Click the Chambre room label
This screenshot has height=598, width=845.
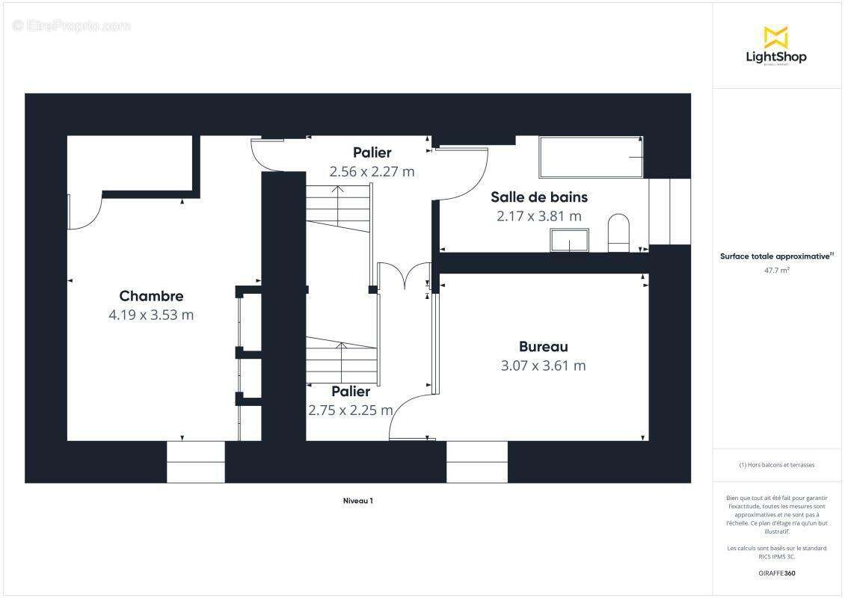coord(151,296)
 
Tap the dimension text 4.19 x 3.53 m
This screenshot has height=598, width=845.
coord(151,315)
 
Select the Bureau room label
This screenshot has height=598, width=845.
coord(543,347)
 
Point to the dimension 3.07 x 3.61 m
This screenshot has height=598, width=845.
coord(543,366)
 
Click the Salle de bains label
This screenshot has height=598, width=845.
coord(538,197)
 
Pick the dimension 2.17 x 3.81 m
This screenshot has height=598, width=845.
coord(538,216)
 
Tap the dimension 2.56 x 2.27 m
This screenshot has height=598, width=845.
coord(372,171)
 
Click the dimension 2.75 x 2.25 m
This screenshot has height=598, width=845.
coord(351,410)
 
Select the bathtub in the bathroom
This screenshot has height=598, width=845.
coord(591,157)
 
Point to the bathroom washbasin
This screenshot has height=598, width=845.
coord(570,240)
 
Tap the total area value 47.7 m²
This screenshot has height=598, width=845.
coord(775,271)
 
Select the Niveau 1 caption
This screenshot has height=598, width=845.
coord(352,501)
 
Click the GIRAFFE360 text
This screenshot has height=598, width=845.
coord(775,573)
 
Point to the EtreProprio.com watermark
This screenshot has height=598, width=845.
coord(72,26)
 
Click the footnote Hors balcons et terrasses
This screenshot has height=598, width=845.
coord(776,465)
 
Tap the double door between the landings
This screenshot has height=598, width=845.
coord(405,275)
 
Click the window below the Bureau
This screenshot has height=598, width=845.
coord(476,461)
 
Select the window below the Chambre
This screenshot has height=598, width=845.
coord(195,461)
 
